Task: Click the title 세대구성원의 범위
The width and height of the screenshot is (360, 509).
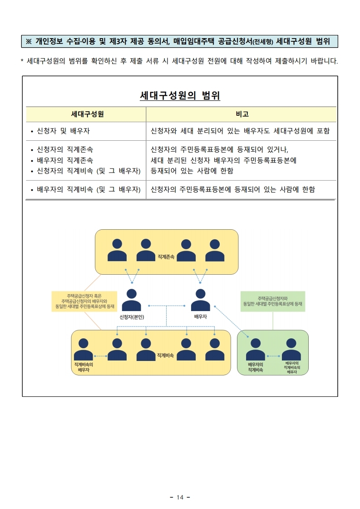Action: (x=180, y=96)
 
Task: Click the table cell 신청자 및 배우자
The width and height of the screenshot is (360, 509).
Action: (x=63, y=131)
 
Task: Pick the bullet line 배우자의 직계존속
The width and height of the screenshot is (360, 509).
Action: (x=64, y=160)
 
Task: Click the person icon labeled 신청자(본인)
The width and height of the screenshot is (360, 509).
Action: (x=132, y=300)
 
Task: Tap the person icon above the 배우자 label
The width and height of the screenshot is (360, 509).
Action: (x=200, y=300)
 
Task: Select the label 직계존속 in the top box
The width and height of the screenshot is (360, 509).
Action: (x=166, y=257)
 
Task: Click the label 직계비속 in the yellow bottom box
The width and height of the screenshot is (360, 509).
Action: (x=165, y=355)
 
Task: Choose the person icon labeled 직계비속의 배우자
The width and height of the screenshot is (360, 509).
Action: (x=83, y=350)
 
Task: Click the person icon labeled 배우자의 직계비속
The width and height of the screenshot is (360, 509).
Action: (x=255, y=350)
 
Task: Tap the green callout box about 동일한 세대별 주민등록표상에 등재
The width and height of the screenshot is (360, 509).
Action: (x=273, y=301)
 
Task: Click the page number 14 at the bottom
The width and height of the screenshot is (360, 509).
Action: (x=180, y=498)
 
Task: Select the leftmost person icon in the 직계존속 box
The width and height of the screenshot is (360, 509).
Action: (x=117, y=250)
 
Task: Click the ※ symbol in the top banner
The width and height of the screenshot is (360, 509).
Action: (x=29, y=42)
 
